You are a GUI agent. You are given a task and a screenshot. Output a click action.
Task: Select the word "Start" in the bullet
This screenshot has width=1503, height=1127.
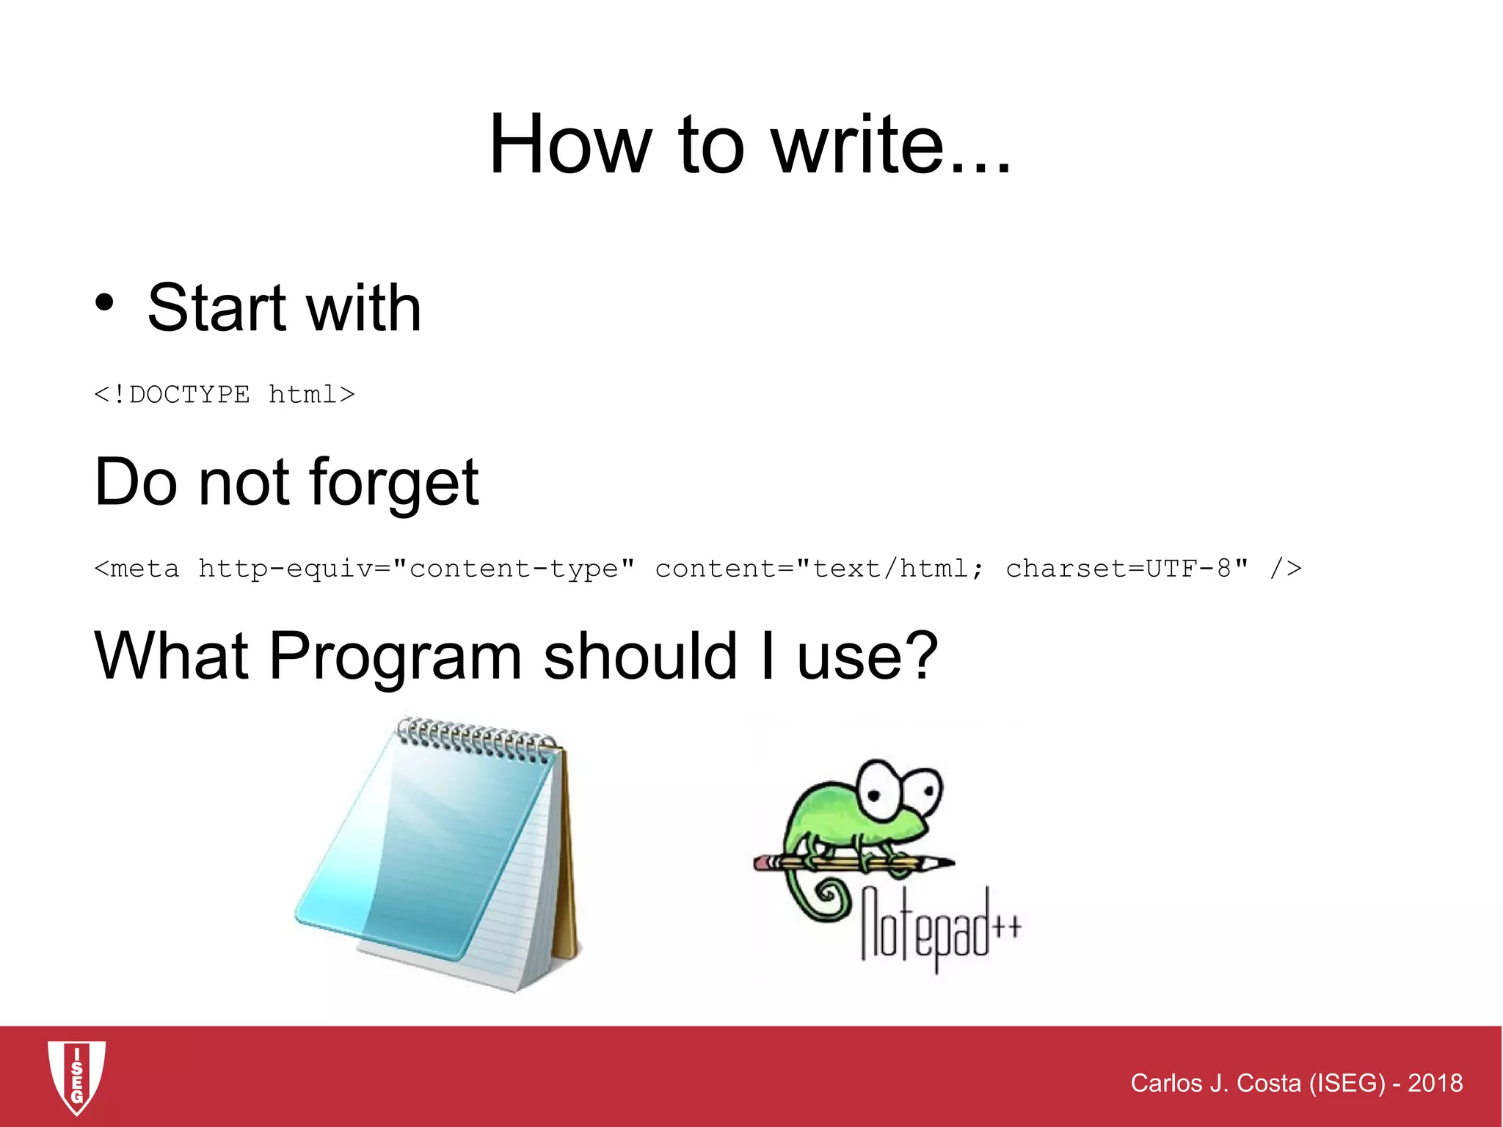(216, 308)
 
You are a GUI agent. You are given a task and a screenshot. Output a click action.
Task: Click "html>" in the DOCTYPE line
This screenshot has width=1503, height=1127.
(312, 395)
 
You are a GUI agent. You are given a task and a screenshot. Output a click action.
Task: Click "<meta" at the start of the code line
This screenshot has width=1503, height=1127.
(137, 569)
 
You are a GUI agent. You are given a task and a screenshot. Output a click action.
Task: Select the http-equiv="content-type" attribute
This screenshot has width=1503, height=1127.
(416, 569)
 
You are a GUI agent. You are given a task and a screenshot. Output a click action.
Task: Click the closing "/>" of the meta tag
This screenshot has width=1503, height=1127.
(1286, 569)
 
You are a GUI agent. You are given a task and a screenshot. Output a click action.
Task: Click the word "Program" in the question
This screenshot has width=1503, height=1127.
(395, 657)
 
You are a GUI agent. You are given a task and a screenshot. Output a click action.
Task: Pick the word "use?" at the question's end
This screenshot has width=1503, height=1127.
(867, 657)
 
